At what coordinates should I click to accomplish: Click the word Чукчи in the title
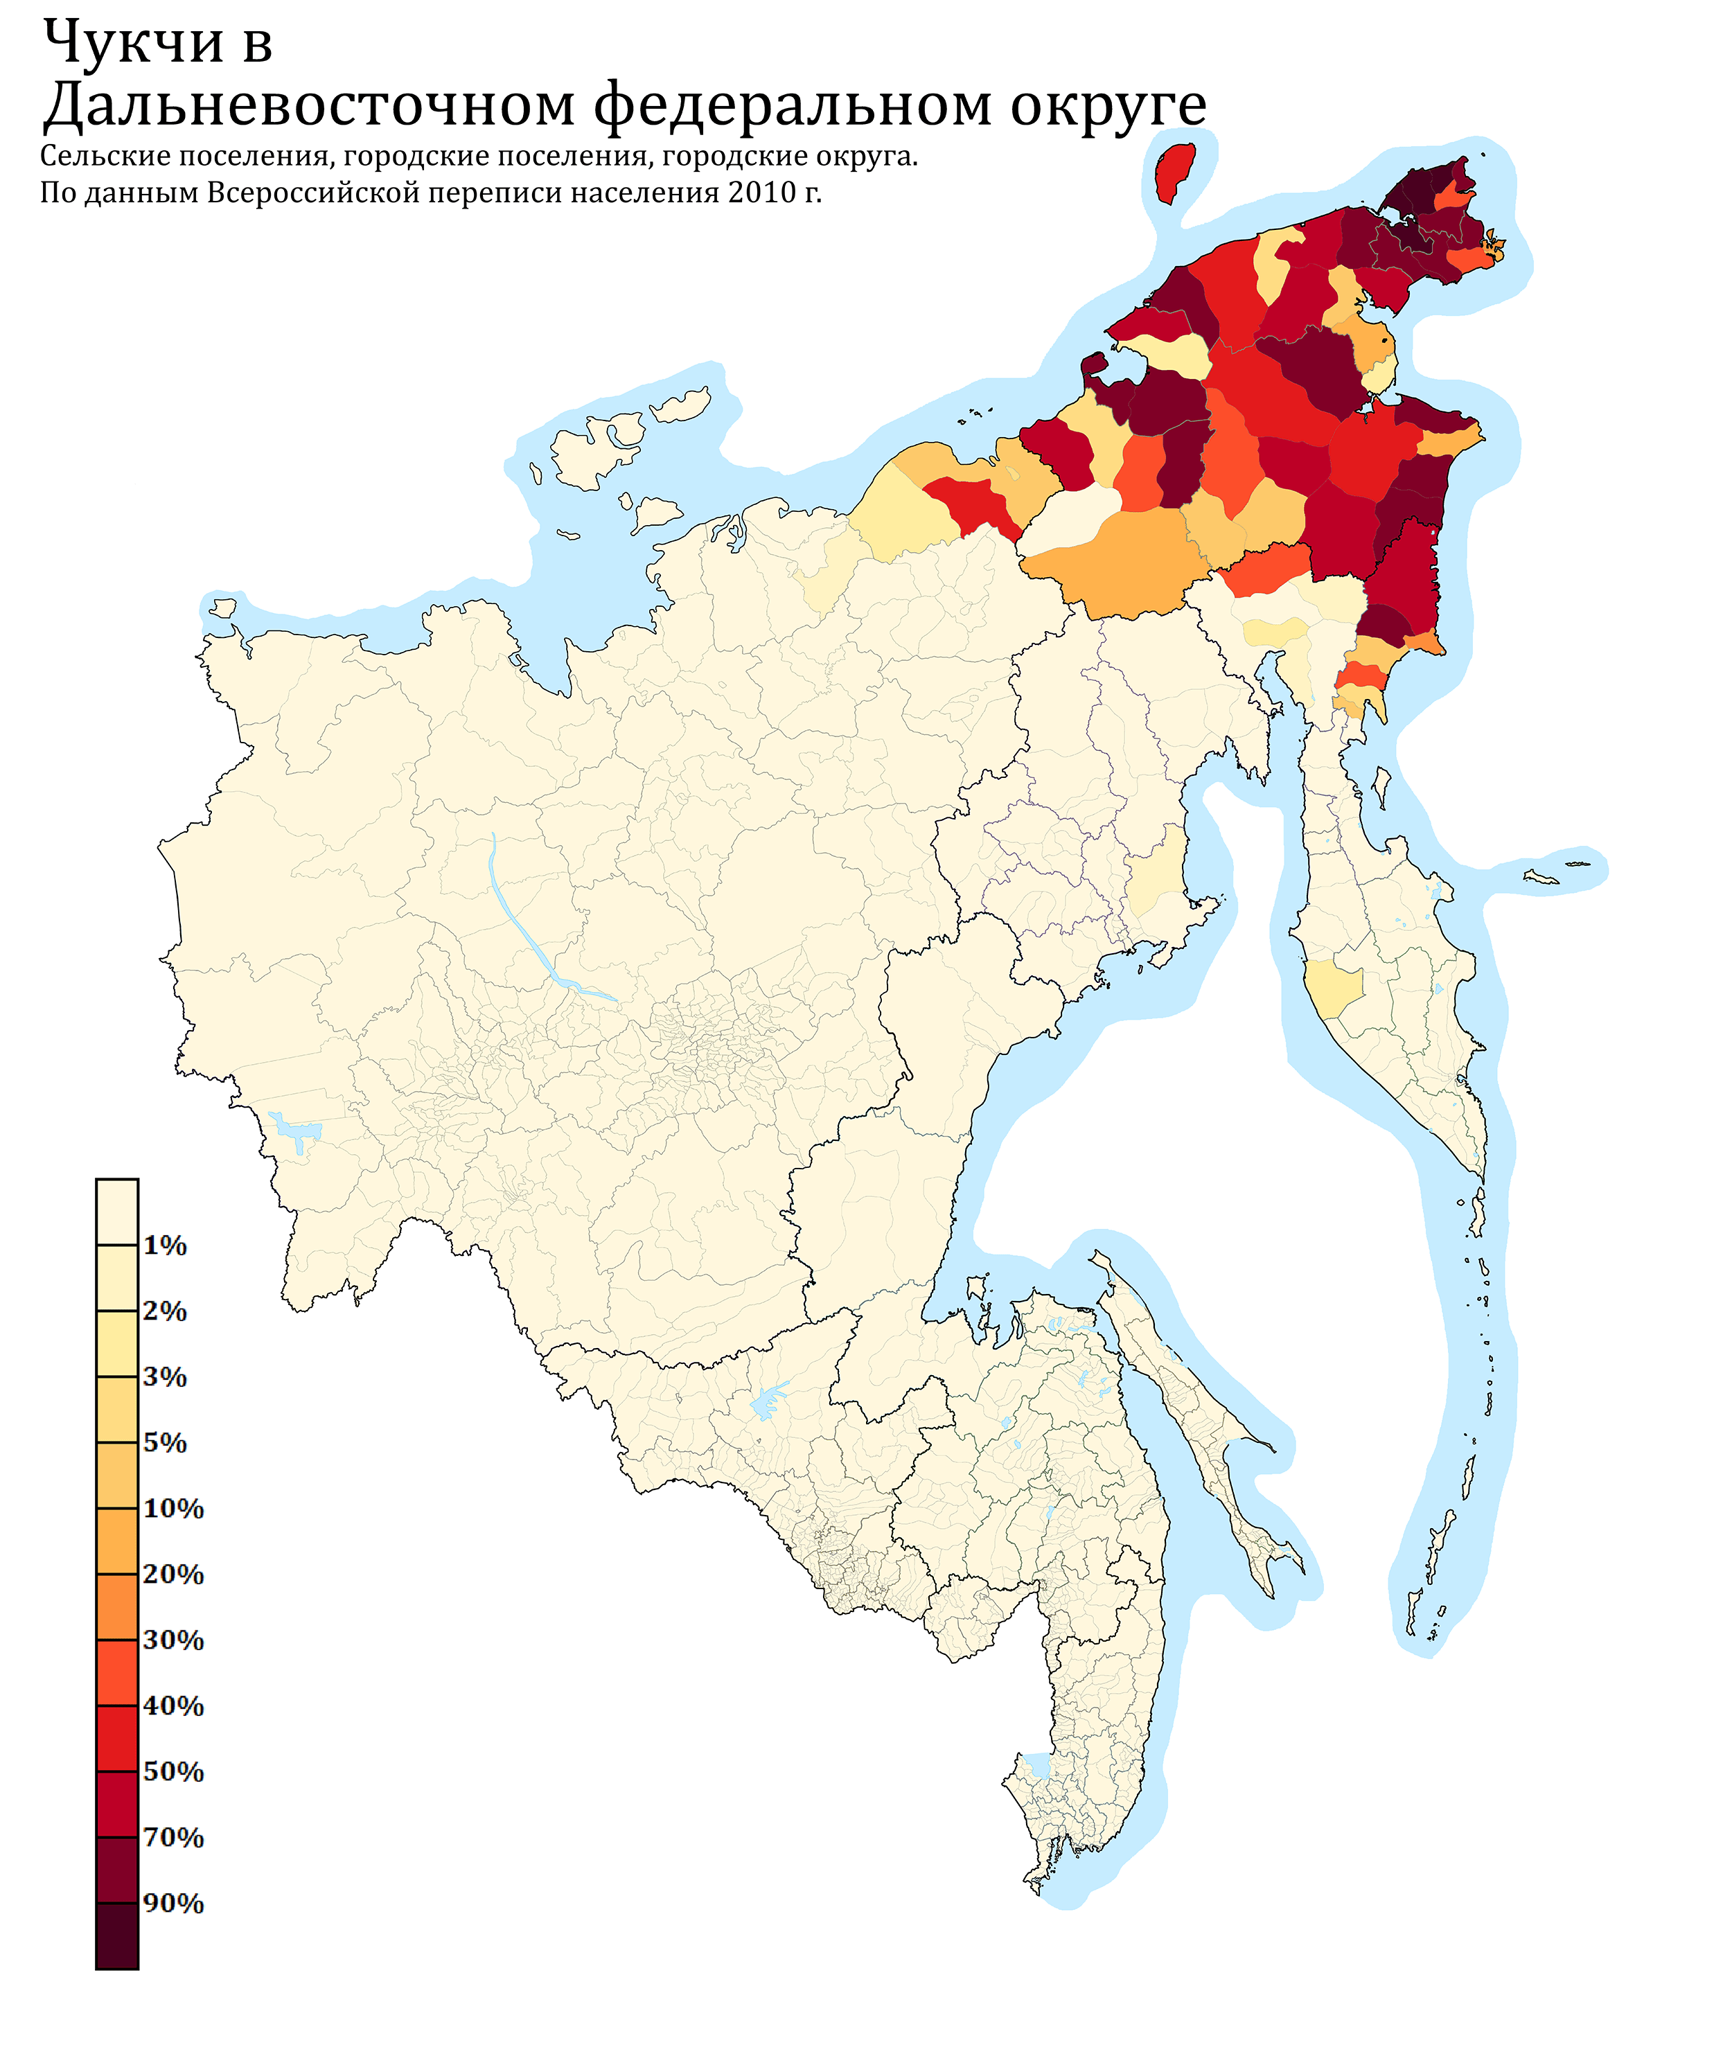(134, 44)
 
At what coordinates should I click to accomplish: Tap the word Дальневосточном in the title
(308, 106)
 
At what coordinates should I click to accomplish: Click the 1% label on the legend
(165, 1246)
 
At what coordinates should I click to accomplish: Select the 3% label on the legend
(165, 1376)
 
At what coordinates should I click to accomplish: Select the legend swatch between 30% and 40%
(117, 1672)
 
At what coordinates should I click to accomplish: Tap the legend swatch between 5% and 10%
(117, 1475)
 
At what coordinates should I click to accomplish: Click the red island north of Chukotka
(1174, 172)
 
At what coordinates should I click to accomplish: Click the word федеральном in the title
(793, 106)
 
